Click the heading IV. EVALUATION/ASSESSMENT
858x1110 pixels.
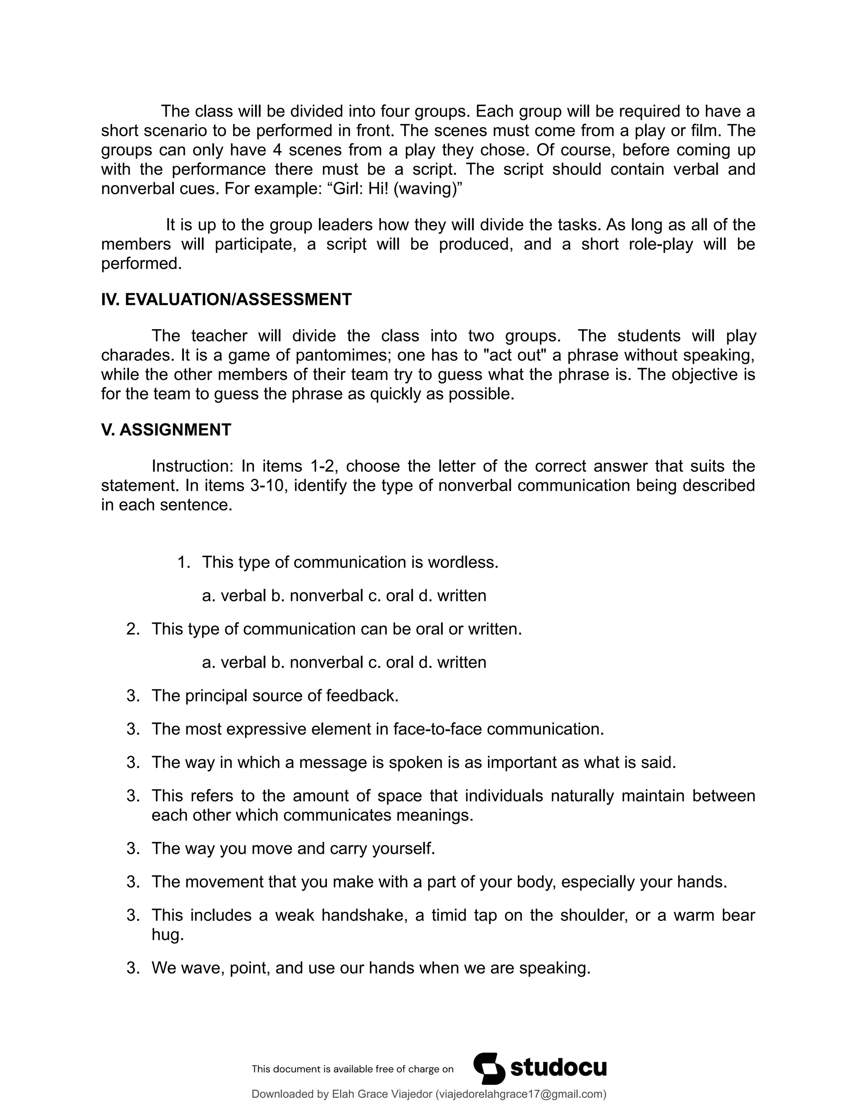[226, 299]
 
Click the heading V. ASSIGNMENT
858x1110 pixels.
[166, 430]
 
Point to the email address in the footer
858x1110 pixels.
[520, 1094]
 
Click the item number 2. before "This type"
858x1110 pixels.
[133, 629]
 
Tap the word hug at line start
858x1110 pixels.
[167, 934]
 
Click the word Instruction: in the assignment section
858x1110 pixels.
[191, 466]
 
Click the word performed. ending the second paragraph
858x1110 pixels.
[141, 264]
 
